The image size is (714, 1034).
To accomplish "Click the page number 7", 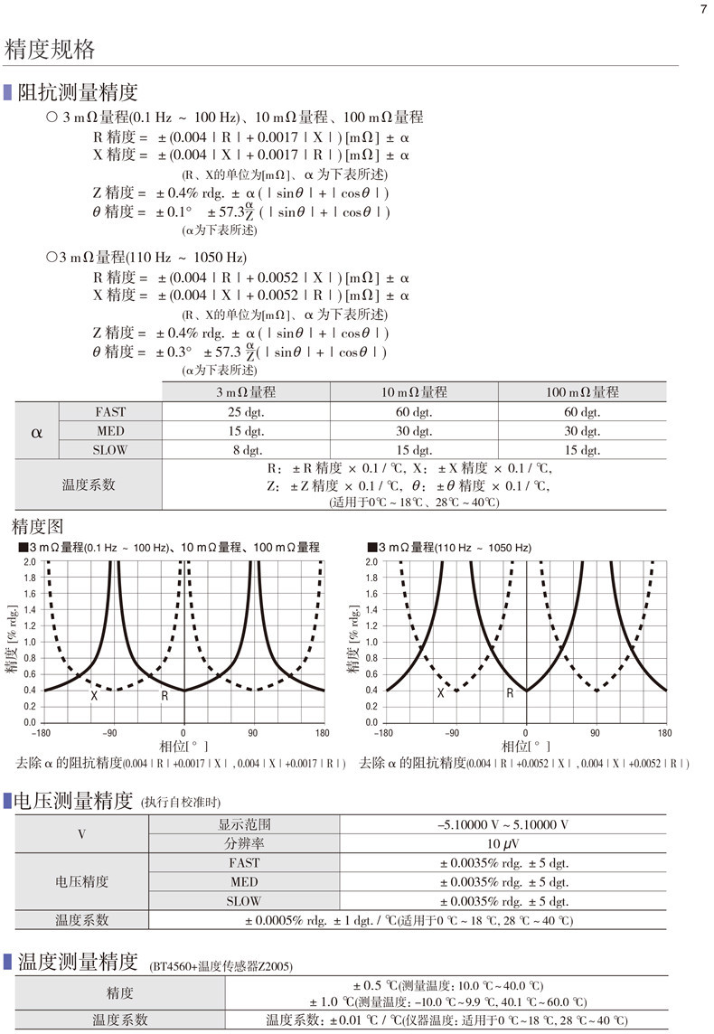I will [703, 10].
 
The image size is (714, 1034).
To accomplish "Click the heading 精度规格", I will [50, 50].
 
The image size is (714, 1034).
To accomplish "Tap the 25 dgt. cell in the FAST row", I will [245, 412].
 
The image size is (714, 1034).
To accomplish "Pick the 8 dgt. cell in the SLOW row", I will [245, 449].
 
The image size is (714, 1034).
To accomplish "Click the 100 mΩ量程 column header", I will [582, 392].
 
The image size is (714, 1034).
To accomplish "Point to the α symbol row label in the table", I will [37, 431].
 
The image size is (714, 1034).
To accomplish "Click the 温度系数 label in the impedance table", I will [89, 484].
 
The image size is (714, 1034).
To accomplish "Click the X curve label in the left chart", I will [94, 696].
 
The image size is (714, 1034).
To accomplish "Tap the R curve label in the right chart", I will [510, 693].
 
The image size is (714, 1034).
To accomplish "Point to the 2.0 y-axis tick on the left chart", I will [30, 561].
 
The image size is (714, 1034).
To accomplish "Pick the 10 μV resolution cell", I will [503, 843].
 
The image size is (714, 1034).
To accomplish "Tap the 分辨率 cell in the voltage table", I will [244, 843].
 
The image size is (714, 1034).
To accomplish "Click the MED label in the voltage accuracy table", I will [244, 881].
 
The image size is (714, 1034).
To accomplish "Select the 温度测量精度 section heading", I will [78, 961].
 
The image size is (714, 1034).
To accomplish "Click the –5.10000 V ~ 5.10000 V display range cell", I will [503, 824].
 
